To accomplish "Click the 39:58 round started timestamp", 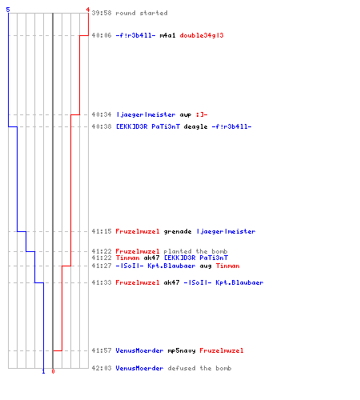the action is click(x=102, y=13).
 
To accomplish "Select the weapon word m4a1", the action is click(x=167, y=35).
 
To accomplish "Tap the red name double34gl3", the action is click(x=202, y=35).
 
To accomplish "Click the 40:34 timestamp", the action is click(x=102, y=114).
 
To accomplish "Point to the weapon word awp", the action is click(x=186, y=115).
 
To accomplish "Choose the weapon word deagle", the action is click(x=195, y=126).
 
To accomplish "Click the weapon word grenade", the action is click(x=178, y=231).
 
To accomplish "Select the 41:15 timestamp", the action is click(x=102, y=231).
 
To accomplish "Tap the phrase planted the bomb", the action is click(x=195, y=251).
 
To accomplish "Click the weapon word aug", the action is click(x=206, y=266).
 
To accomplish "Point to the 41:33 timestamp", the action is click(x=102, y=282).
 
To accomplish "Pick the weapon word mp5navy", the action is click(x=182, y=350).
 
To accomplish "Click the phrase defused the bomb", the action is click(x=199, y=368).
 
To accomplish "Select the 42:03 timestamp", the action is click(x=102, y=368).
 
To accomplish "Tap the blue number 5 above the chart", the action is click(x=8, y=10).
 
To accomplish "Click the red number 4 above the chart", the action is click(x=88, y=10).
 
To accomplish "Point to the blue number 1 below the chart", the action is click(x=43, y=371).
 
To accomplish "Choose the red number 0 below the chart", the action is click(x=53, y=371).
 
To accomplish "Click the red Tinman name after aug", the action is click(x=227, y=266).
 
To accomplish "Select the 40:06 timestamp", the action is click(x=102, y=35).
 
